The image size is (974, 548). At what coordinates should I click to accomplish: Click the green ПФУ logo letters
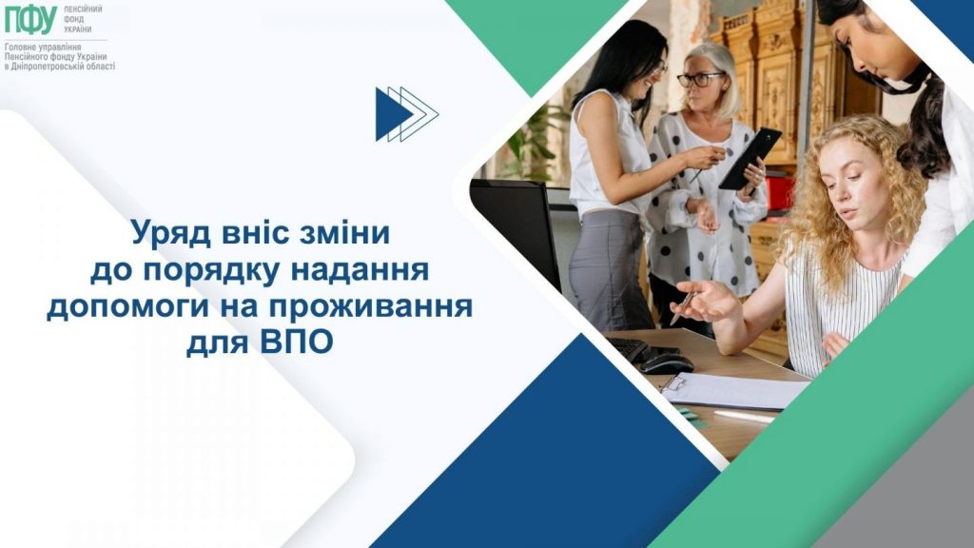click(30, 20)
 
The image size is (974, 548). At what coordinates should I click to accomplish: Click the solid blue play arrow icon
click(392, 114)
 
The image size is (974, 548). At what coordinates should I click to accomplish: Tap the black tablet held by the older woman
click(750, 158)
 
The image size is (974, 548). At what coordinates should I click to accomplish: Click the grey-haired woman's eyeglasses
click(699, 79)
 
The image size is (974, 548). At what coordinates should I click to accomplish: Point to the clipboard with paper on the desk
click(732, 390)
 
